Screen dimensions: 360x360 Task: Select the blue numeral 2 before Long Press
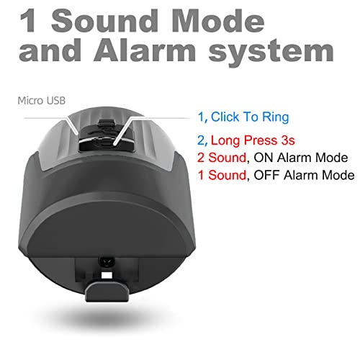201,141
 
